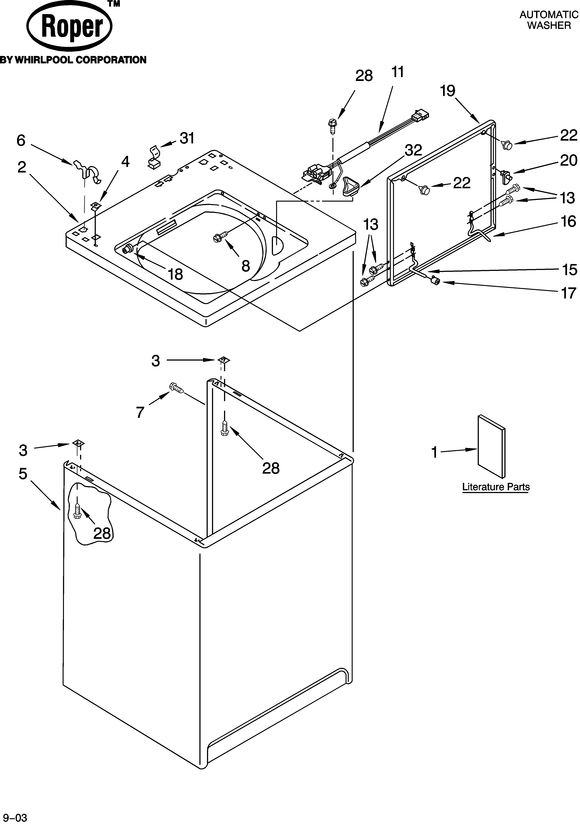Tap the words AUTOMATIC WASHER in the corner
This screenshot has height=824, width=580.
549,20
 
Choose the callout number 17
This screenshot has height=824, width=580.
568,293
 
